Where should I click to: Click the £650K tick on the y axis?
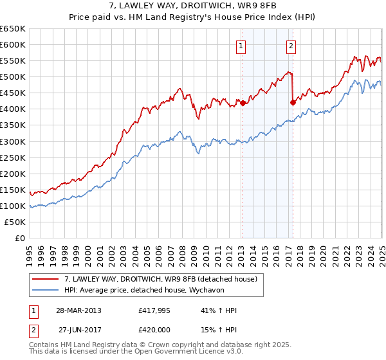tap(13, 29)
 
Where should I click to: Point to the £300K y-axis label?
tap(13, 141)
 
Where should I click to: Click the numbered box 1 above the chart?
tap(241, 46)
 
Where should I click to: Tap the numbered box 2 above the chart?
tap(291, 46)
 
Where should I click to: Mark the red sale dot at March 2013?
tap(243, 103)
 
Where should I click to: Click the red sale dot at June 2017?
tap(293, 102)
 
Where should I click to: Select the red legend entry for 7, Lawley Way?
tap(161, 279)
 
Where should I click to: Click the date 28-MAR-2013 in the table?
tap(78, 310)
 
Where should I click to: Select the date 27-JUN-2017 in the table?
tap(78, 330)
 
